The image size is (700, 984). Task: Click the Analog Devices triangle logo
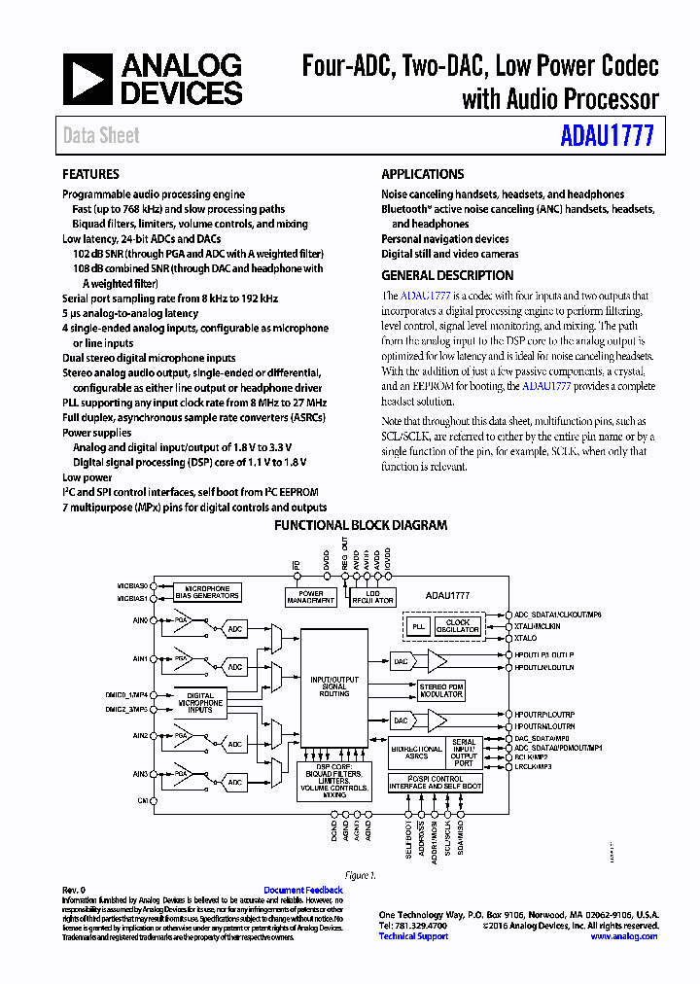click(x=88, y=80)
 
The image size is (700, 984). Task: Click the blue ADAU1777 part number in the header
click(x=607, y=134)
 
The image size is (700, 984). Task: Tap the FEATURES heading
click(x=90, y=174)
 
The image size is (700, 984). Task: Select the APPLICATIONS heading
click(x=422, y=174)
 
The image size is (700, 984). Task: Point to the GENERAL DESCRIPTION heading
click(x=447, y=275)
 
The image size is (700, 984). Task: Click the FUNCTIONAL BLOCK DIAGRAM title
click(x=360, y=525)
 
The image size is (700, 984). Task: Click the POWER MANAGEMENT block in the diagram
click(x=311, y=597)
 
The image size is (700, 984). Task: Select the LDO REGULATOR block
click(x=372, y=597)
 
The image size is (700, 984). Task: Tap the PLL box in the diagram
click(x=419, y=627)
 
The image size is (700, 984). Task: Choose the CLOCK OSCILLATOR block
click(x=457, y=627)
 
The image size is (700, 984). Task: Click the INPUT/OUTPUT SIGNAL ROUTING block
click(x=333, y=686)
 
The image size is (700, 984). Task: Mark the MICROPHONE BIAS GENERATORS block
click(x=207, y=592)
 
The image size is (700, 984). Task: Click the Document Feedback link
click(x=303, y=890)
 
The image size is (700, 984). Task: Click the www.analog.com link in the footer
click(x=624, y=936)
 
